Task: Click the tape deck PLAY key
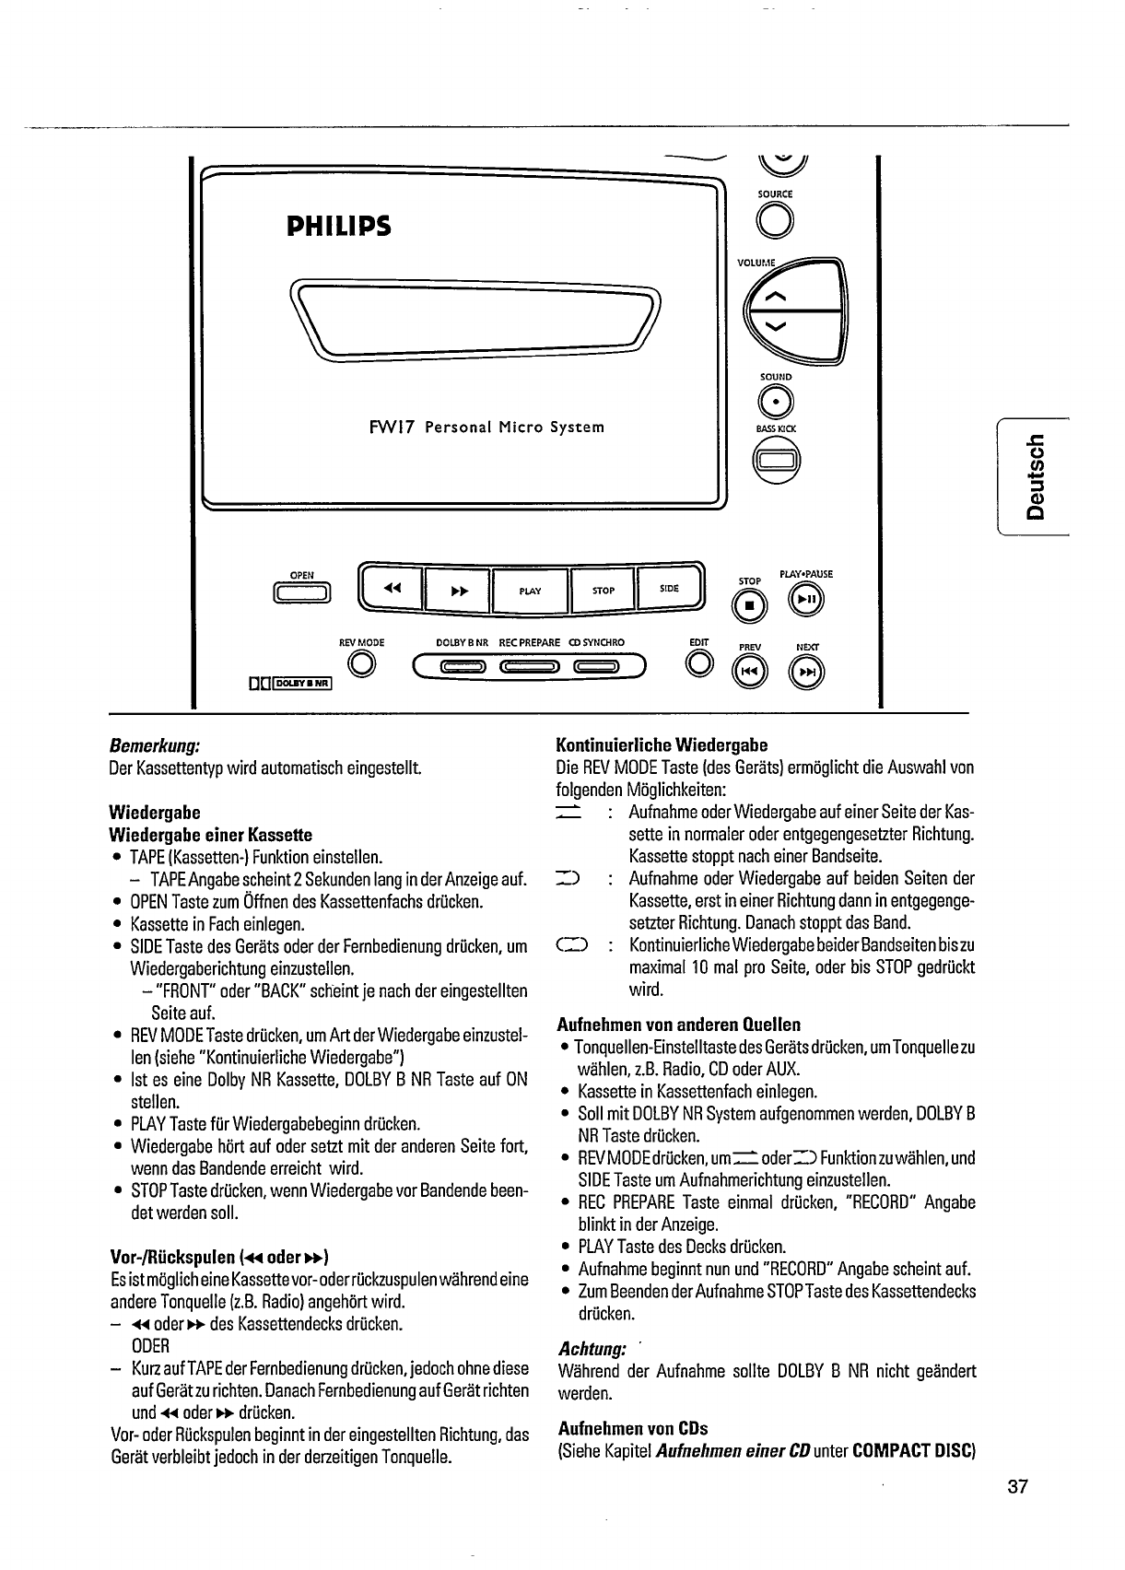530,591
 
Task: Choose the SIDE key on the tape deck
669,589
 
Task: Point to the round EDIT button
699,663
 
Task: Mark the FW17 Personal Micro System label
486,428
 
